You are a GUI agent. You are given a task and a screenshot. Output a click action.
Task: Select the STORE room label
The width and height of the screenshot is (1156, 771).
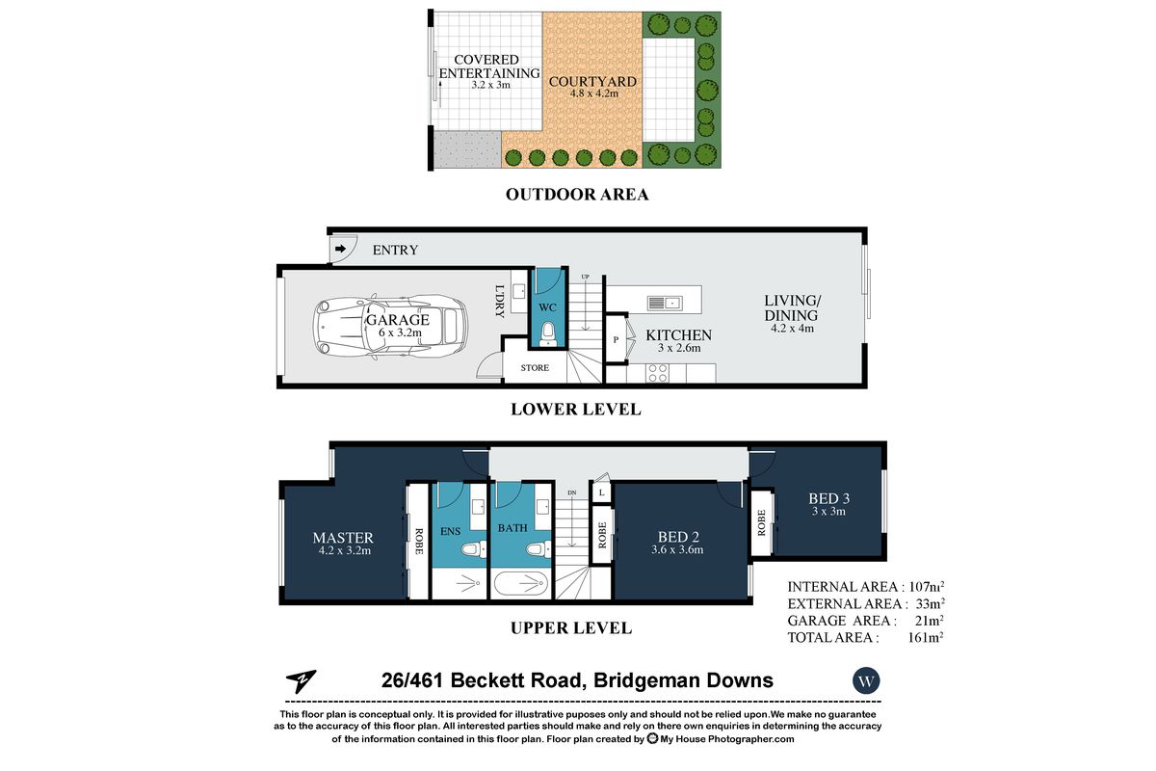pos(535,368)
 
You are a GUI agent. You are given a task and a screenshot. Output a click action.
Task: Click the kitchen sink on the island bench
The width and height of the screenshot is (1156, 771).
pos(666,303)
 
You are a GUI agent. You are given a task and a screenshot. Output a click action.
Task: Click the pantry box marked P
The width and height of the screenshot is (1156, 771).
pos(616,340)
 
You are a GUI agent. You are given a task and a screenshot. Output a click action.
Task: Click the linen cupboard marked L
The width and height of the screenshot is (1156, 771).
pos(601,493)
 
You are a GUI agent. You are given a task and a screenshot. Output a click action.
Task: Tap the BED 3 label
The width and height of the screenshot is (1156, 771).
pos(829,498)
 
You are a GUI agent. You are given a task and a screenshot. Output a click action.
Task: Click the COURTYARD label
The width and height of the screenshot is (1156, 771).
pos(592,82)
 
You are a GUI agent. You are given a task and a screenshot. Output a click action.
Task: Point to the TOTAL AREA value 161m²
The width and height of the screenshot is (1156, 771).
pos(925,637)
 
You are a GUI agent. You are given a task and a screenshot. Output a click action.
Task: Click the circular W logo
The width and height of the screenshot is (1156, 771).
pos(866,680)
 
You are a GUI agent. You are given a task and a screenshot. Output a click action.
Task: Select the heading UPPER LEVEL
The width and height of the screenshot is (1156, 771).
pos(570,628)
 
